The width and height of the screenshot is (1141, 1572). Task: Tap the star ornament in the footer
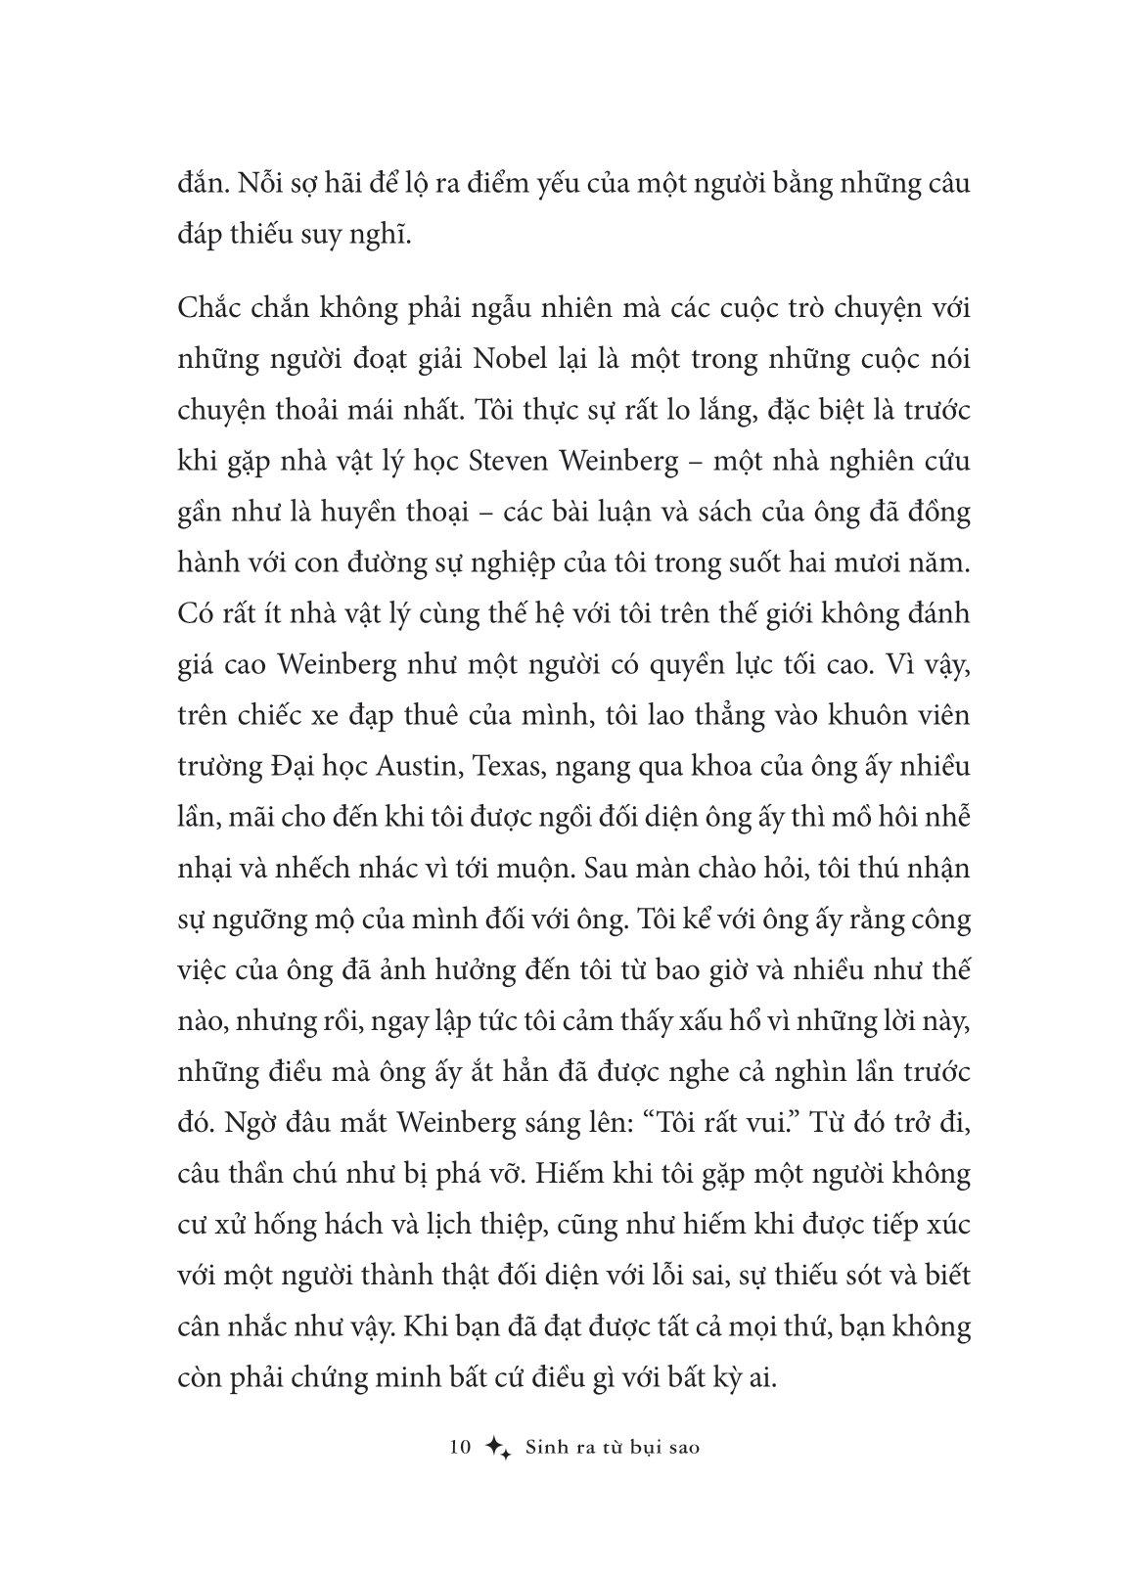[498, 1449]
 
